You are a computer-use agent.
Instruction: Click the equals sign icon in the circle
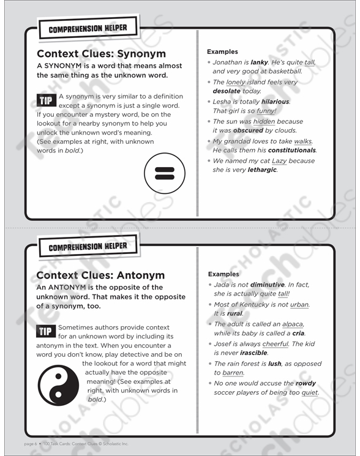(x=165, y=173)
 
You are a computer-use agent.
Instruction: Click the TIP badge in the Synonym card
(x=47, y=100)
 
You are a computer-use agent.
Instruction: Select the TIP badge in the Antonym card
(x=47, y=332)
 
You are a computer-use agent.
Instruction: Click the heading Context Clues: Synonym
(x=101, y=54)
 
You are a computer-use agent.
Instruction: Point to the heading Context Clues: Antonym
(x=100, y=275)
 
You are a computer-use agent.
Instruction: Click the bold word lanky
(x=260, y=62)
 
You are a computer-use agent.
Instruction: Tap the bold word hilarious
(x=276, y=102)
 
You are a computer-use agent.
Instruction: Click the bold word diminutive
(x=264, y=285)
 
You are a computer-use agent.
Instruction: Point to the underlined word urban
(x=299, y=304)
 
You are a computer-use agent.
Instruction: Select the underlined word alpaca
(x=292, y=324)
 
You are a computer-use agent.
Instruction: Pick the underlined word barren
(x=232, y=373)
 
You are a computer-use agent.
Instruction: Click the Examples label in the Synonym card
(x=222, y=52)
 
